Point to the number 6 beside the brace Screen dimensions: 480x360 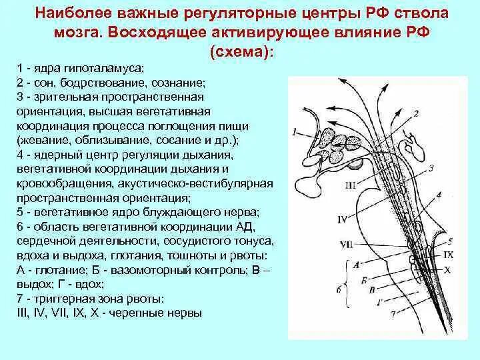339,289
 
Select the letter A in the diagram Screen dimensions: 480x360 356,264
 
